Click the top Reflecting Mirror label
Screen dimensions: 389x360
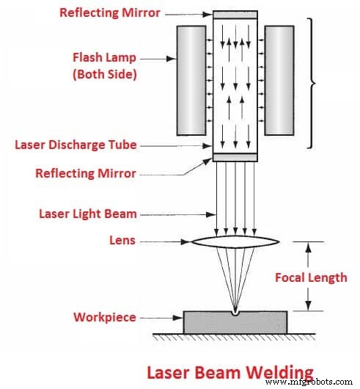click(110, 12)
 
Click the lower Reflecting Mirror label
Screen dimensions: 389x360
click(86, 173)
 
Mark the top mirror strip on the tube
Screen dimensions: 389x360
click(234, 15)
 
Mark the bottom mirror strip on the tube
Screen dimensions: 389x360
click(234, 156)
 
